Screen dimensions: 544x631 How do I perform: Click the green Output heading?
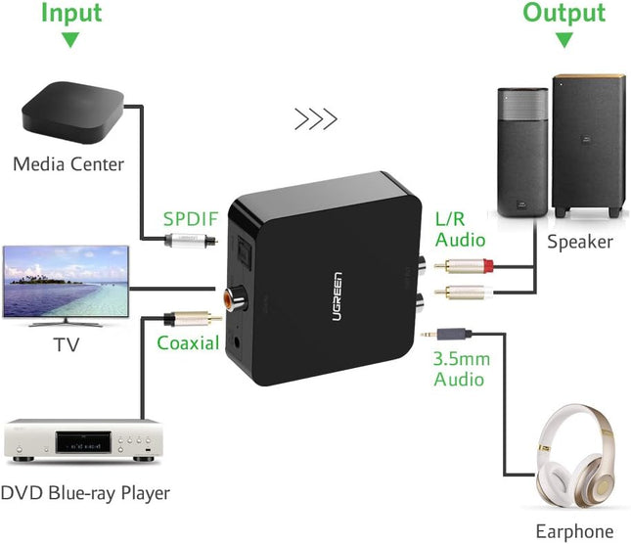563,13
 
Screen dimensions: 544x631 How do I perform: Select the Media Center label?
68,163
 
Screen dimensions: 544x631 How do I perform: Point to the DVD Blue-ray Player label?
86,493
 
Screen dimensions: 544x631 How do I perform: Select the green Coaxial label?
188,343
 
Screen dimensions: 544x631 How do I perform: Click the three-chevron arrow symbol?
316,119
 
